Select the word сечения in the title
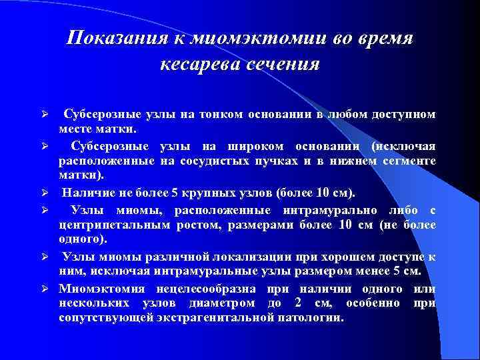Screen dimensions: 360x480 pyautogui.click(x=283, y=65)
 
